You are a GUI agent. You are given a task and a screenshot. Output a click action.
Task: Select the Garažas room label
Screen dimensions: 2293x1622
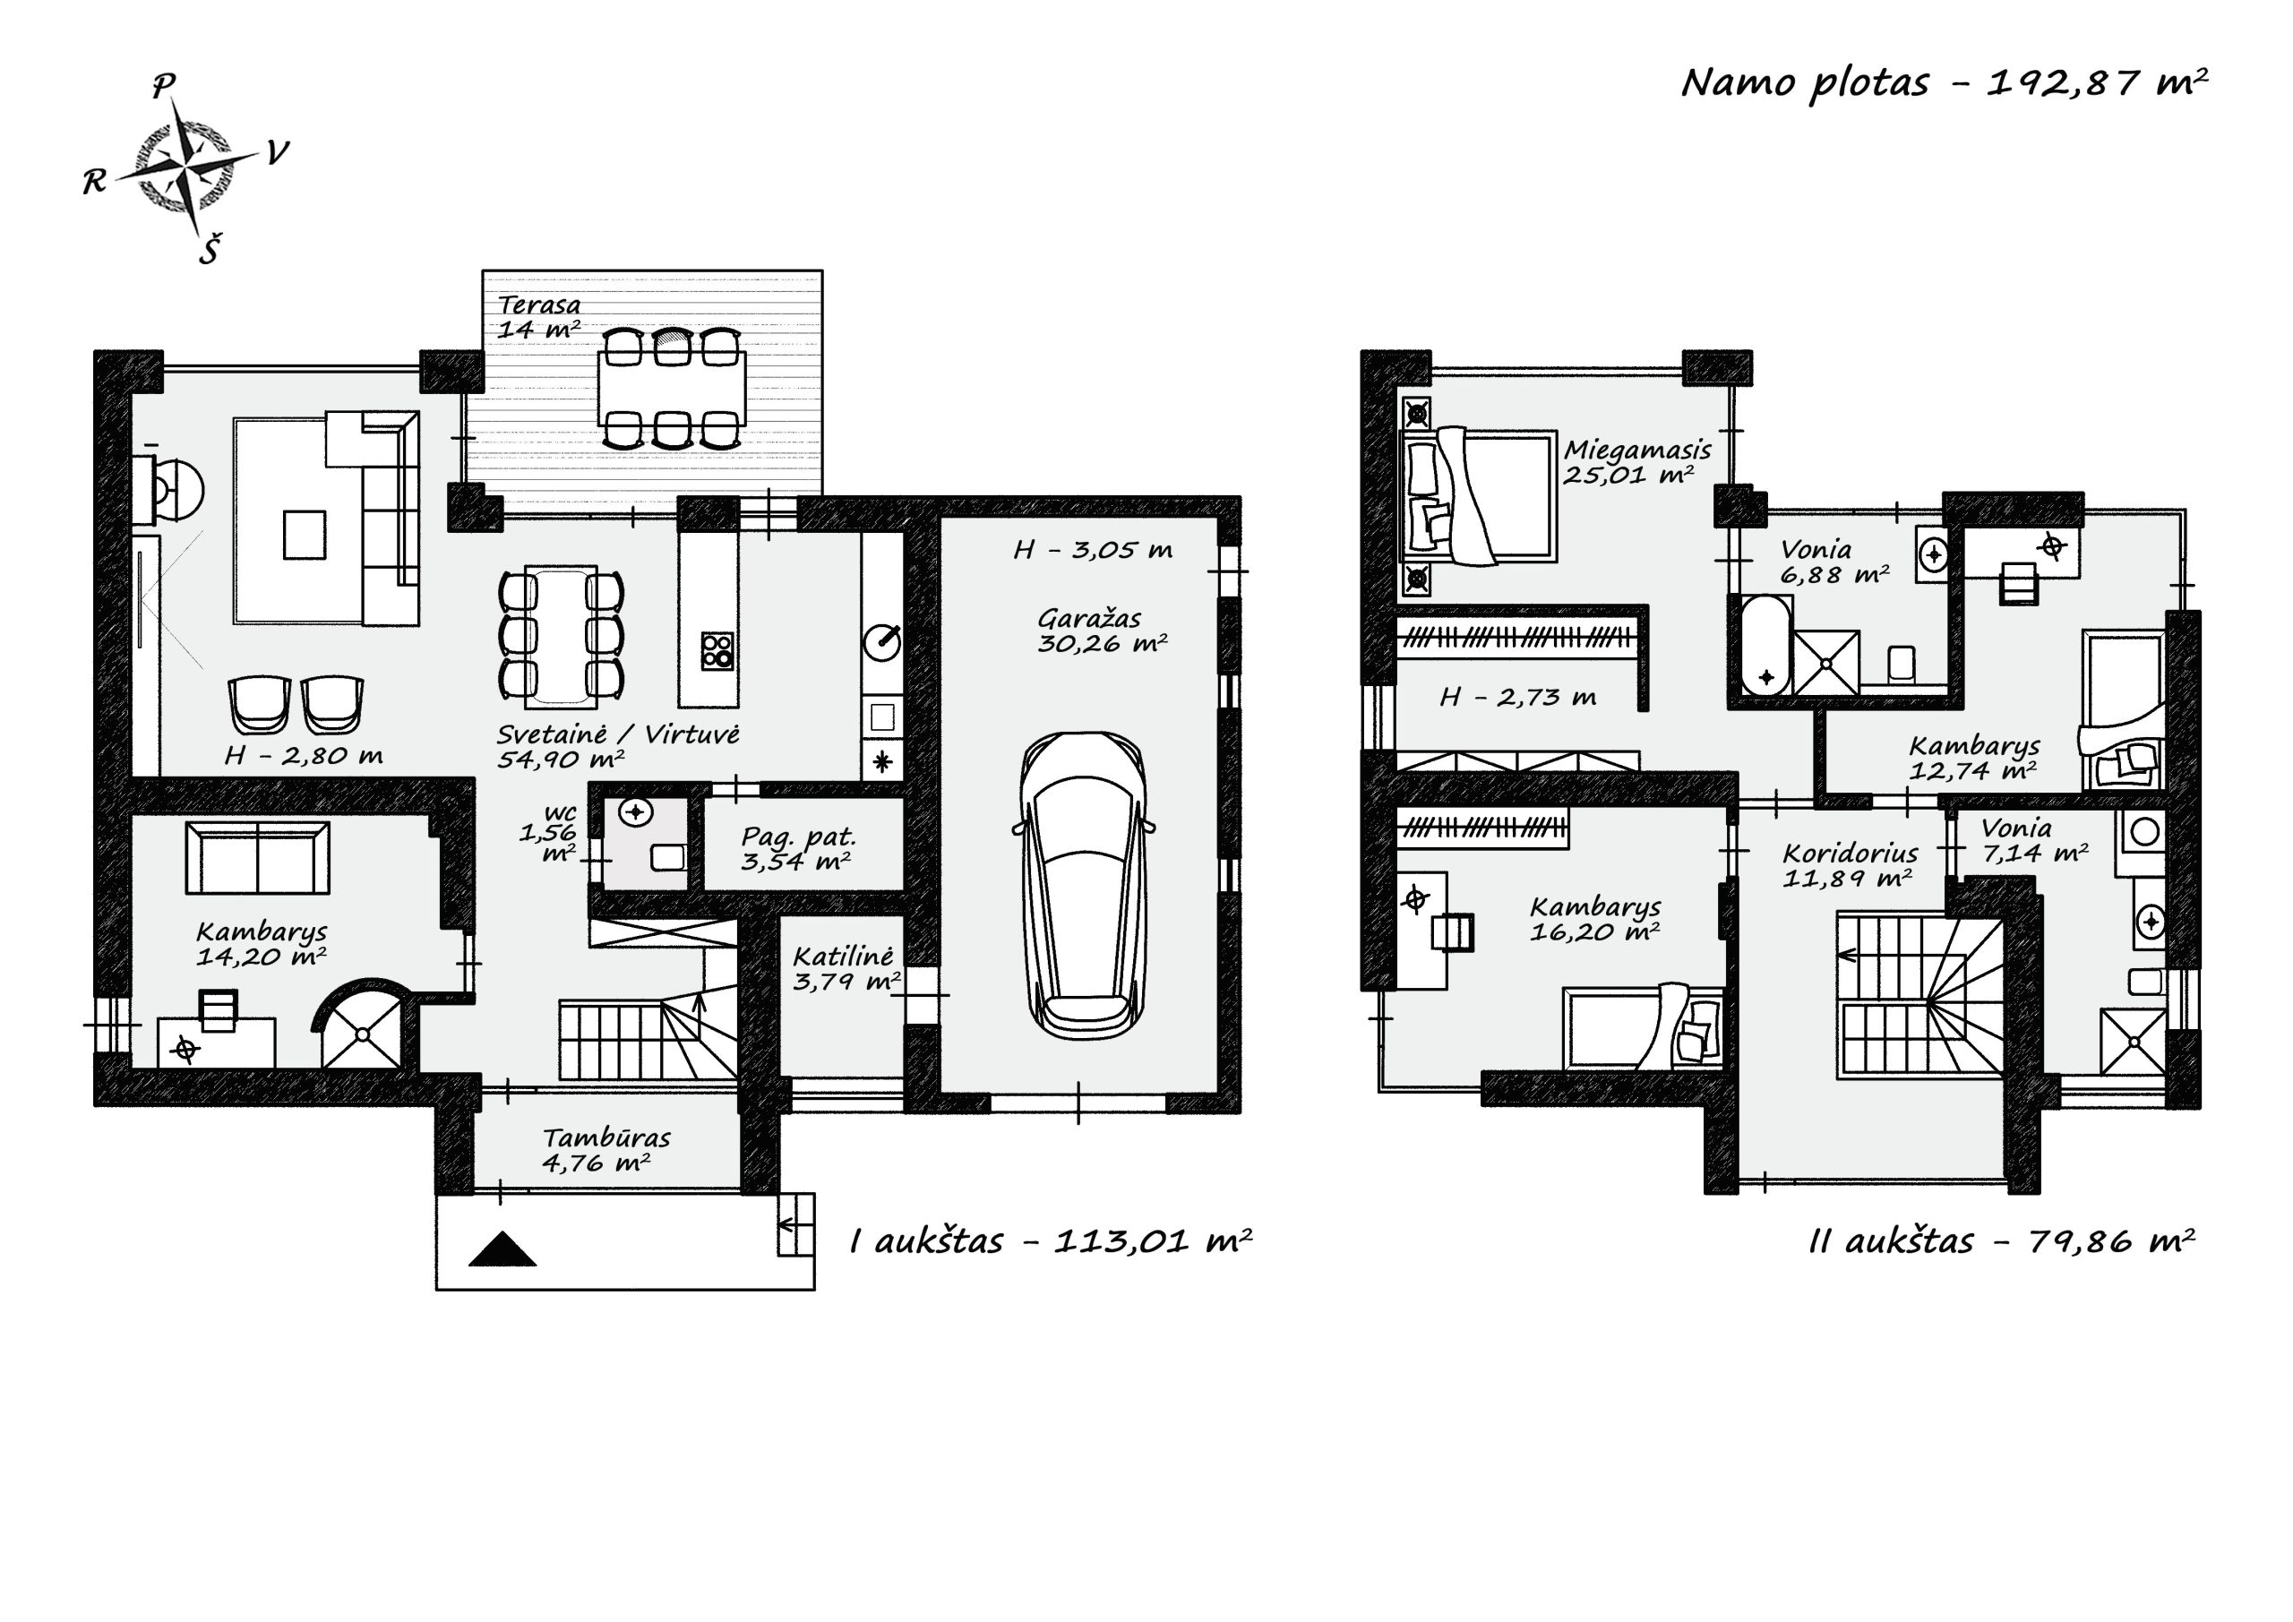[1088, 619]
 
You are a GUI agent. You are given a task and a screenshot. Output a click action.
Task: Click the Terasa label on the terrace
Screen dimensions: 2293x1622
[539, 305]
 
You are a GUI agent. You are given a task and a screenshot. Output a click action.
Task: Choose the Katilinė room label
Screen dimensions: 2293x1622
[843, 956]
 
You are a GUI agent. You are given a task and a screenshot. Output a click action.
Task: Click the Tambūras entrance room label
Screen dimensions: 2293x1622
[606, 1137]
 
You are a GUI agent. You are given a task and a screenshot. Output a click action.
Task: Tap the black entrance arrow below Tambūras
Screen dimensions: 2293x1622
[502, 1249]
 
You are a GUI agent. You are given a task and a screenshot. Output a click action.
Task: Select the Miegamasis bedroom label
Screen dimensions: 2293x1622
[1636, 451]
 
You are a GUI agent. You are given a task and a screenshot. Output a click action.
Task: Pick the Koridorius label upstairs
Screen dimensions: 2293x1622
[1850, 854]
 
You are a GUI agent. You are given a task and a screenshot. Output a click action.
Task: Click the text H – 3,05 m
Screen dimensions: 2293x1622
[1093, 550]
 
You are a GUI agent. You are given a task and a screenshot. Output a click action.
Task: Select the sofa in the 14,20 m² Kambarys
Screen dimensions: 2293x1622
[258, 858]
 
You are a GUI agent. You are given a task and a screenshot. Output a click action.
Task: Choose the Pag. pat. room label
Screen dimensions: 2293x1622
[798, 837]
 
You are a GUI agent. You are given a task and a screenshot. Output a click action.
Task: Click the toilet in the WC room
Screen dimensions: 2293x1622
[668, 857]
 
